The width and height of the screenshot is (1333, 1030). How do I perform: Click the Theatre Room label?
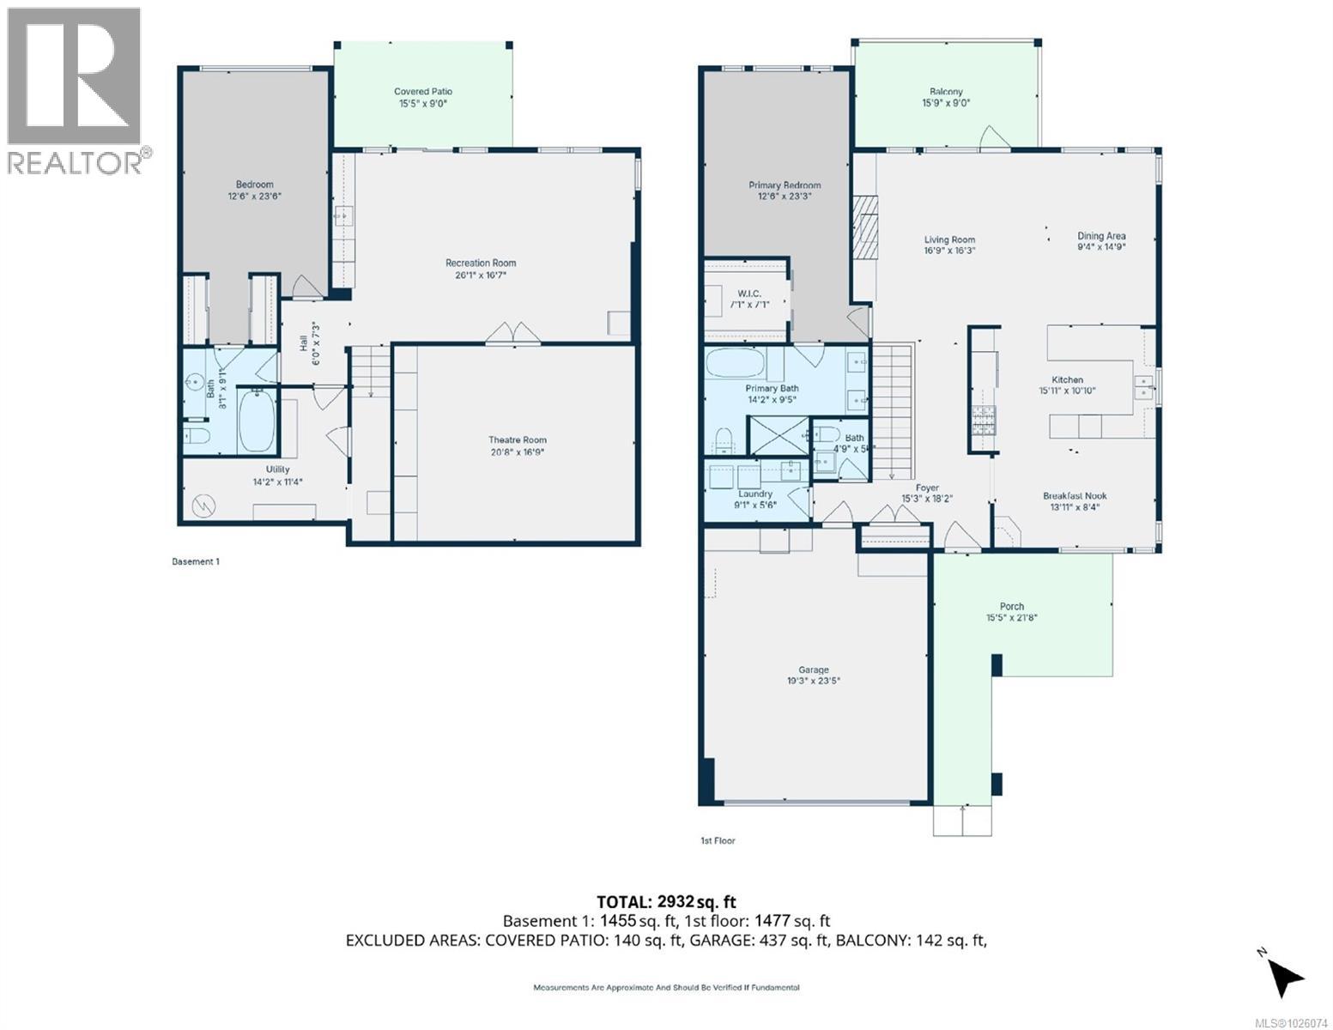tap(517, 445)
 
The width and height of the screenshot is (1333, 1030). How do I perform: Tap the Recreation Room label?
tap(481, 269)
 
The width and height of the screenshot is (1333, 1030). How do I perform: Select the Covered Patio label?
tap(422, 97)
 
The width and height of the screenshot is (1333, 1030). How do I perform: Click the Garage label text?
tap(814, 676)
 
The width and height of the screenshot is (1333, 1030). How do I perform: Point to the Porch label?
tap(1012, 611)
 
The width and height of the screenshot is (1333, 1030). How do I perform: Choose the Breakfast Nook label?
tap(1075, 500)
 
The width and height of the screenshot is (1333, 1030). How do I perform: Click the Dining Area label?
tap(1101, 241)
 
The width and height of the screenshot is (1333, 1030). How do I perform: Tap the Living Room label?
tap(949, 245)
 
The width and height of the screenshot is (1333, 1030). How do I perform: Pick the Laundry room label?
tap(755, 500)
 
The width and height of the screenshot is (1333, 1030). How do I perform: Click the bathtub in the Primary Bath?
tap(736, 364)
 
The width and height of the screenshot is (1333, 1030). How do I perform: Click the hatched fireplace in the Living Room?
tap(865, 226)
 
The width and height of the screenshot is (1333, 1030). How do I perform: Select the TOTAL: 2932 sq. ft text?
tap(666, 901)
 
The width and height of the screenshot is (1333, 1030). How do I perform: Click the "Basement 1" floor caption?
tap(196, 562)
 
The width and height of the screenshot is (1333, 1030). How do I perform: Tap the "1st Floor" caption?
tap(718, 840)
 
